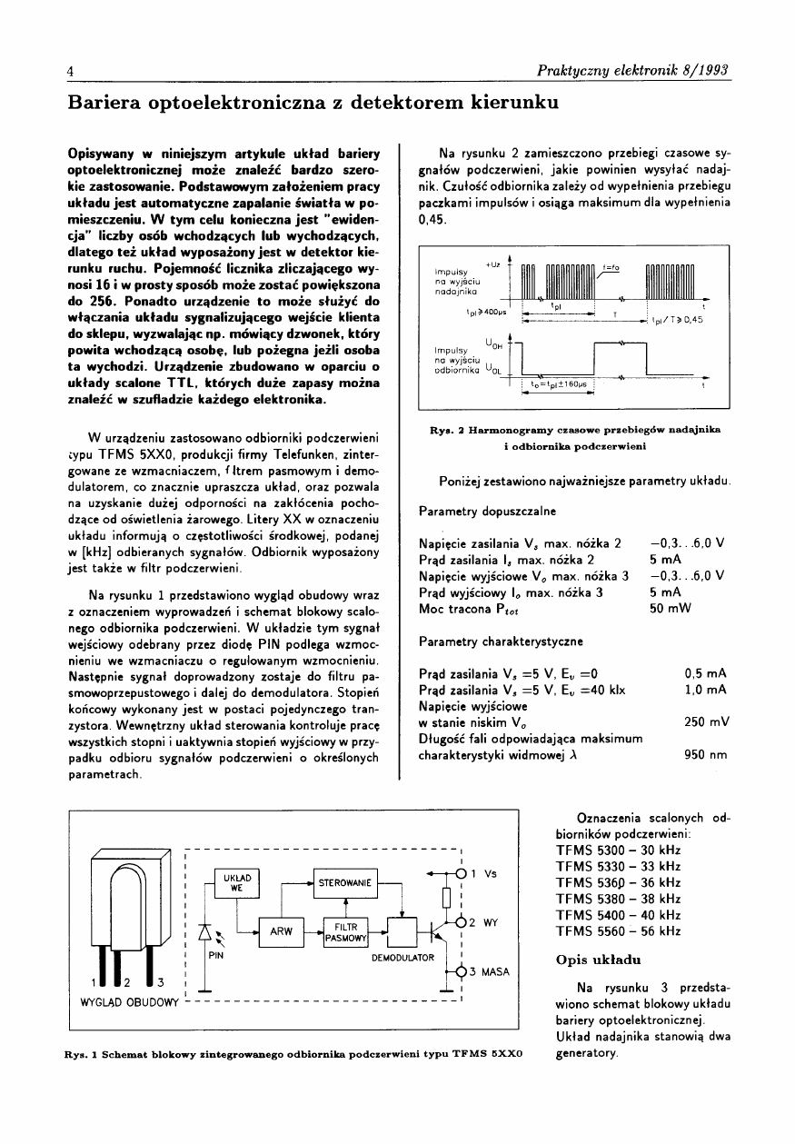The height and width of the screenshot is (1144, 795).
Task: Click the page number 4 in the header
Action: pyautogui.click(x=69, y=71)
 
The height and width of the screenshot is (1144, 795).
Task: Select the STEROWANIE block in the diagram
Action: pyautogui.click(x=344, y=882)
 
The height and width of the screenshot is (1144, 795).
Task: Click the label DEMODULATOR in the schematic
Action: pyautogui.click(x=402, y=958)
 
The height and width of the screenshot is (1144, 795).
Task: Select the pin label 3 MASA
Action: pyautogui.click(x=488, y=971)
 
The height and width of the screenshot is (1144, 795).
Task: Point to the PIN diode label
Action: pyautogui.click(x=216, y=956)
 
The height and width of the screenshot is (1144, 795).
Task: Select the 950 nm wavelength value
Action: pyautogui.click(x=705, y=754)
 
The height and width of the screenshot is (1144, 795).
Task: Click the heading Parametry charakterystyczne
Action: pyautogui.click(x=502, y=642)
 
